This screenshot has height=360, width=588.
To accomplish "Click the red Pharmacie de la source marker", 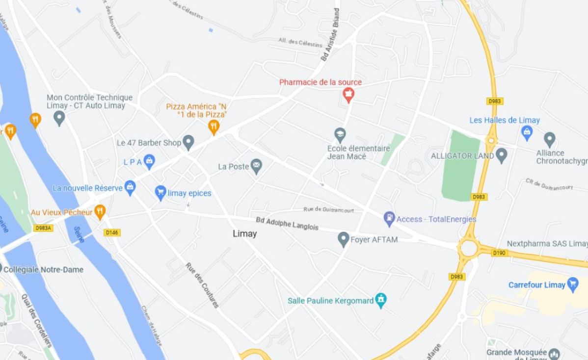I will pyautogui.click(x=348, y=94).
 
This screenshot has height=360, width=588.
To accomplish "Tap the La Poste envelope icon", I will pyautogui.click(x=256, y=166).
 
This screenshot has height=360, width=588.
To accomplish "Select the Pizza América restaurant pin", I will pyautogui.click(x=214, y=127).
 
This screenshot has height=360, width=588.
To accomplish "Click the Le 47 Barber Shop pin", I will pyautogui.click(x=188, y=142).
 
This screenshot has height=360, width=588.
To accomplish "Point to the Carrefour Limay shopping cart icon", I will pyautogui.click(x=572, y=284).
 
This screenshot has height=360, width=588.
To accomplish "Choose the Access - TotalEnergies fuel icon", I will pyautogui.click(x=389, y=218).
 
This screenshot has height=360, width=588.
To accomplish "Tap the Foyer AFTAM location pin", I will pyautogui.click(x=344, y=239).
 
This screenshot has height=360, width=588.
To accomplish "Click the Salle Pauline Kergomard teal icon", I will pyautogui.click(x=380, y=300).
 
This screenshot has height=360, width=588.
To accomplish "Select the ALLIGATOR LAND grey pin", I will pyautogui.click(x=501, y=155).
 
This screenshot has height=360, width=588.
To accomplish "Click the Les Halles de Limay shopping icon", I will pyautogui.click(x=527, y=131).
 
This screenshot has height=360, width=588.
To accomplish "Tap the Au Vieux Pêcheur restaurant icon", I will pyautogui.click(x=100, y=212).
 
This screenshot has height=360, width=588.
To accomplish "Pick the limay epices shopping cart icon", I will pyautogui.click(x=160, y=192).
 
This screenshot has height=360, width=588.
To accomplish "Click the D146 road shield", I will pyautogui.click(x=112, y=232).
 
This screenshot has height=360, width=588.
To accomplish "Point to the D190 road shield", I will pyautogui.click(x=499, y=253).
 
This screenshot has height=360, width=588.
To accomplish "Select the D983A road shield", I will pyautogui.click(x=43, y=228).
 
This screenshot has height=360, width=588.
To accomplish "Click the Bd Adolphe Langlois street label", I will pyautogui.click(x=287, y=224).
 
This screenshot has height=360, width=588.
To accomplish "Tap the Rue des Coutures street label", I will pyautogui.click(x=202, y=285).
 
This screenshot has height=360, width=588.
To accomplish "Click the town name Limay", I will pyautogui.click(x=245, y=234).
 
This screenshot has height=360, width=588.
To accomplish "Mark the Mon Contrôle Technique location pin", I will pyautogui.click(x=59, y=118).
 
